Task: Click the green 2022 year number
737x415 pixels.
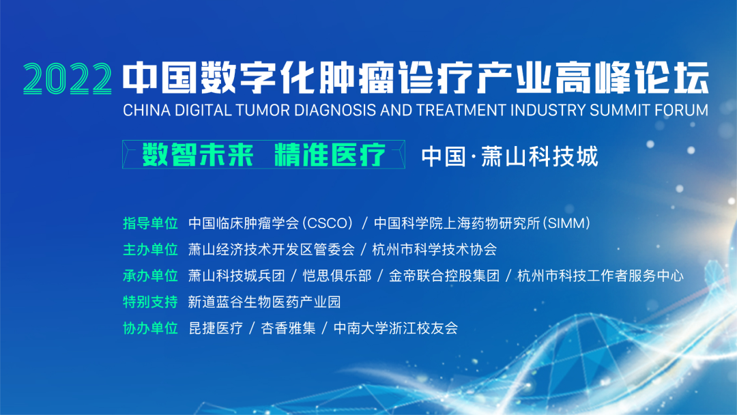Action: [x=68, y=78]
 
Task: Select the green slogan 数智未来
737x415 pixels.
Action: [x=198, y=155]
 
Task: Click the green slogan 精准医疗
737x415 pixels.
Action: [x=330, y=155]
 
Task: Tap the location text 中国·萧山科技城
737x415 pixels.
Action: [x=510, y=156]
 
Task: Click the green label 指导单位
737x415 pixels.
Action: [x=150, y=223]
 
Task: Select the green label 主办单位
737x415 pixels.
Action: [x=150, y=250]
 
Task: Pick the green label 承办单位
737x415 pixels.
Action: [x=150, y=276]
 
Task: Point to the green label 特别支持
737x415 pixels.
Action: [x=150, y=302]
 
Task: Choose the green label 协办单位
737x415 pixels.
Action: [x=150, y=328]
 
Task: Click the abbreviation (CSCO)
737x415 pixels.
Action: [x=328, y=223]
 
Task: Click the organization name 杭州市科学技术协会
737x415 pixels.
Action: [x=434, y=250]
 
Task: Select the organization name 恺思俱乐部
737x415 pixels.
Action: [x=337, y=276]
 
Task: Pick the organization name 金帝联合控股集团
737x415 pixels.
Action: [x=444, y=276]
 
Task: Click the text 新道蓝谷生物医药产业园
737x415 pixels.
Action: [x=265, y=302]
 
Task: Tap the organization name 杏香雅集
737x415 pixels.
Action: [x=288, y=328]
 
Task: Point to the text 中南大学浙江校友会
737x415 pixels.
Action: [x=396, y=328]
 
